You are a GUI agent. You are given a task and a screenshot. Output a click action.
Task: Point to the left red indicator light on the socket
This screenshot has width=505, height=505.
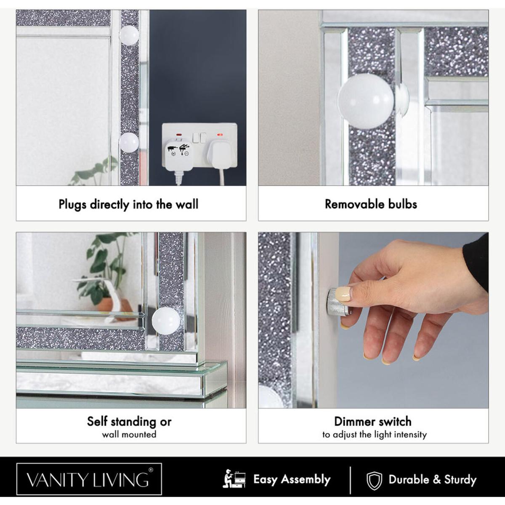point(180,135)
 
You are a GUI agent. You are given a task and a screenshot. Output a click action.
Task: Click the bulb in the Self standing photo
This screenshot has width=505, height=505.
point(166,321)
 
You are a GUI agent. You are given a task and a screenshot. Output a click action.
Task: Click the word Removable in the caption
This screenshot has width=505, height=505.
point(354,204)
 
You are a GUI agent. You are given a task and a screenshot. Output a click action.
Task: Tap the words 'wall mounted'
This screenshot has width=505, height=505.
point(129,434)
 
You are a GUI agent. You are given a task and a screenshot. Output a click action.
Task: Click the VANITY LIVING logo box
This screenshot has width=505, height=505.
point(89,479)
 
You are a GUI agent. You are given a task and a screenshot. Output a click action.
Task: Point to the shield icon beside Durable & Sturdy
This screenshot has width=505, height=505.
point(374,481)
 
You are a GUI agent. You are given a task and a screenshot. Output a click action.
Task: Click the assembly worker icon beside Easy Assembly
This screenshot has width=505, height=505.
point(234,479)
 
